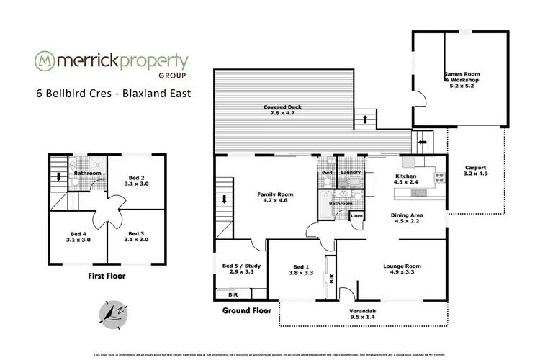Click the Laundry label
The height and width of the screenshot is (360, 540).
351,173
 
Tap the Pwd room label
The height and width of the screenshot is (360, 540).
327,173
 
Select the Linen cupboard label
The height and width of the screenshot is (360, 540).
356,216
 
